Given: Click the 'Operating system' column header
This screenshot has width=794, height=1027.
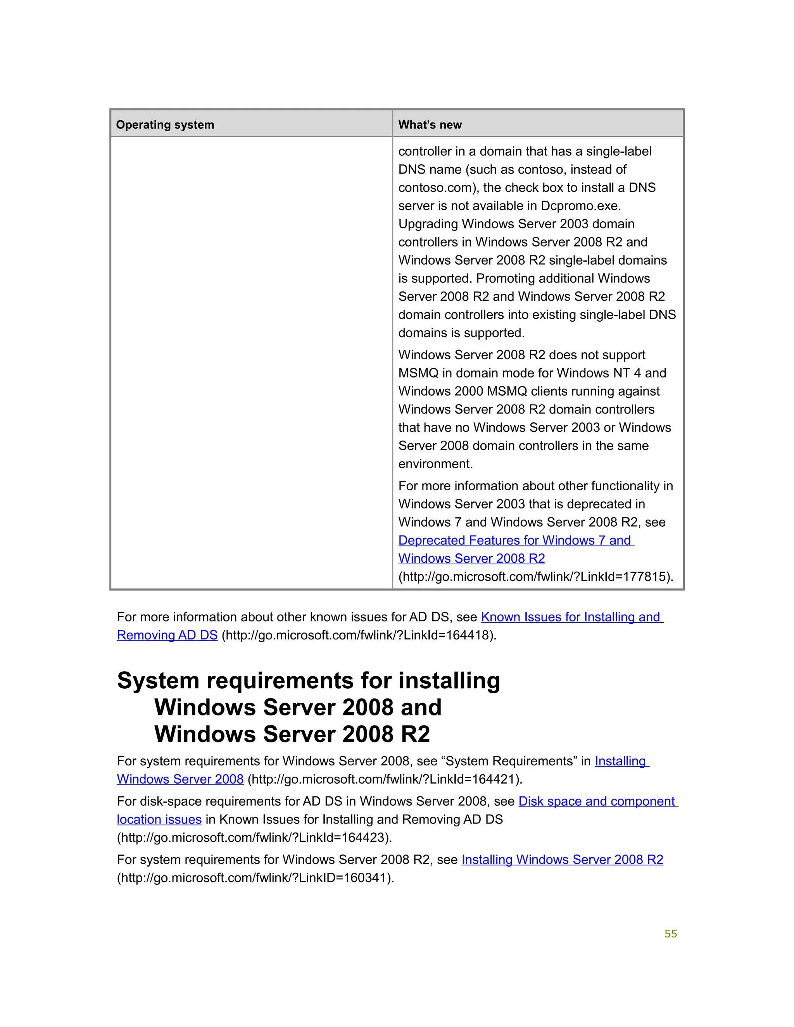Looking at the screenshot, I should tap(165, 125).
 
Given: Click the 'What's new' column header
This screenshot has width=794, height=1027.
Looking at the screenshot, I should tap(430, 125).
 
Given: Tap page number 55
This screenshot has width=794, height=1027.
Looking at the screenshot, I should tap(670, 934).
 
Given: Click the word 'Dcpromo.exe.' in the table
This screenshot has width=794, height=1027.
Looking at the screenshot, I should tap(581, 206).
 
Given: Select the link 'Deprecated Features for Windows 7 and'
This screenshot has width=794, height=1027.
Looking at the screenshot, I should tap(516, 540).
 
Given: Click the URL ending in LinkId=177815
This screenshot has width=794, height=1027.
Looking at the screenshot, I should tap(535, 577).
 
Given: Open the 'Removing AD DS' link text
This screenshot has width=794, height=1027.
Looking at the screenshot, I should tap(167, 635).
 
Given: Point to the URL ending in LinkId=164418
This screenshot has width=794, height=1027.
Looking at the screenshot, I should tap(359, 635).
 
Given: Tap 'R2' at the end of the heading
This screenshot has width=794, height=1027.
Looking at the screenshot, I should tap(412, 734).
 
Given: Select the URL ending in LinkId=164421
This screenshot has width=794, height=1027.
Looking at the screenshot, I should tap(384, 779).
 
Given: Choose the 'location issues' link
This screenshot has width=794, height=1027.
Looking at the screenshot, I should tap(159, 820).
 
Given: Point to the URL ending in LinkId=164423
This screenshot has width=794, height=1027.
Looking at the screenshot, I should tap(254, 837).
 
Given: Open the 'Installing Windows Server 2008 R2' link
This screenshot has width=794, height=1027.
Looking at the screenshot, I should tap(562, 860).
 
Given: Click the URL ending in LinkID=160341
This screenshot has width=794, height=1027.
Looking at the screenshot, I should tap(255, 878).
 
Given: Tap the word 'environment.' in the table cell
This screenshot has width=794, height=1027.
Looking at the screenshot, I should tap(435, 464).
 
